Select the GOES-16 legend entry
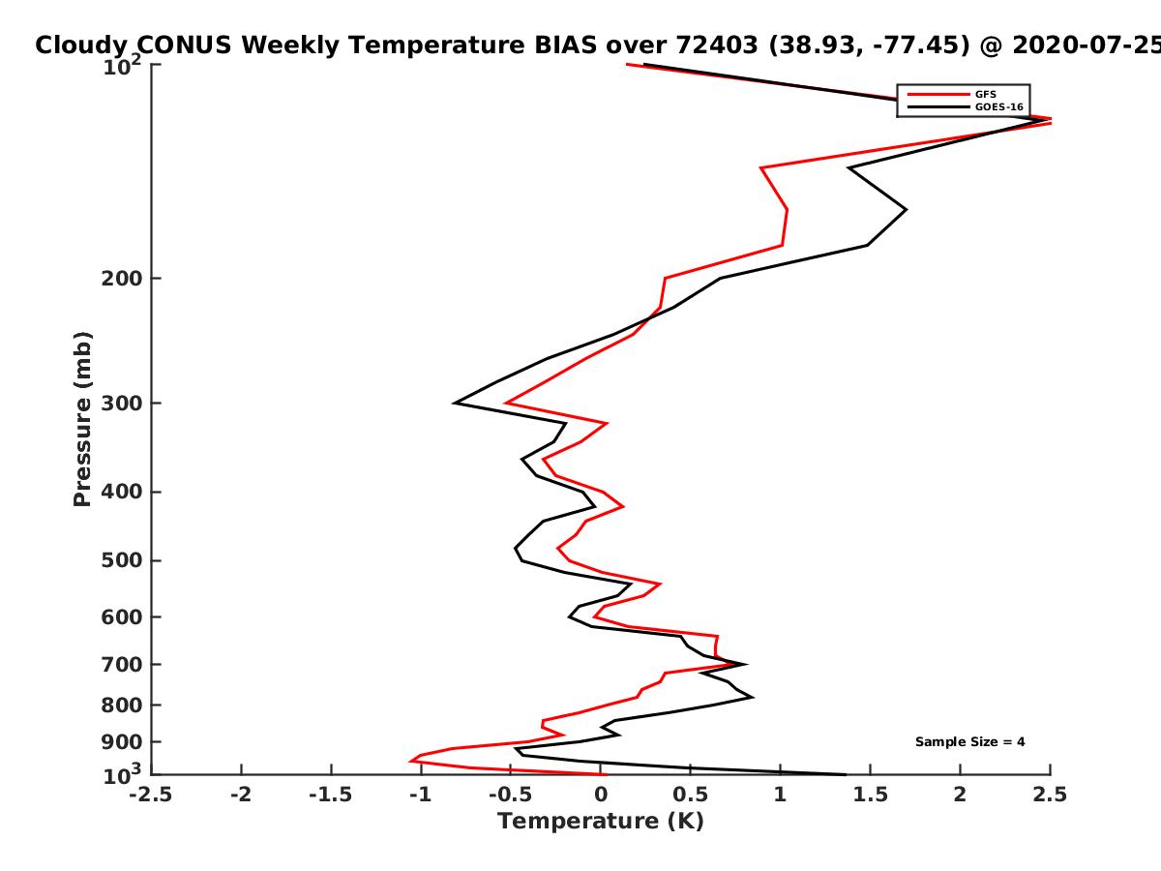point(966,106)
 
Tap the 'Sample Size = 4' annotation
point(970,742)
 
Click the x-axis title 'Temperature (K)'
point(601,822)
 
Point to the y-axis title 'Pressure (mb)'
point(82,419)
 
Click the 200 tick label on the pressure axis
point(122,279)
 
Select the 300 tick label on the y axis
point(122,404)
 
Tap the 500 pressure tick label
point(122,560)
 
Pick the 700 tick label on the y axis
point(122,665)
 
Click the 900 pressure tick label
point(122,742)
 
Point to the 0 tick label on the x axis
point(601,795)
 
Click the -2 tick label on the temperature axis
point(241,795)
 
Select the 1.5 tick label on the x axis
point(870,795)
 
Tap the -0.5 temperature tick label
point(511,795)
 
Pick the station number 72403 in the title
point(717,45)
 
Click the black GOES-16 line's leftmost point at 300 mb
point(455,403)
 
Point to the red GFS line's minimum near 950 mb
point(410,762)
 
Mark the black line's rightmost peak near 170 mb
point(906,210)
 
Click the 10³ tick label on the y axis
point(122,774)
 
